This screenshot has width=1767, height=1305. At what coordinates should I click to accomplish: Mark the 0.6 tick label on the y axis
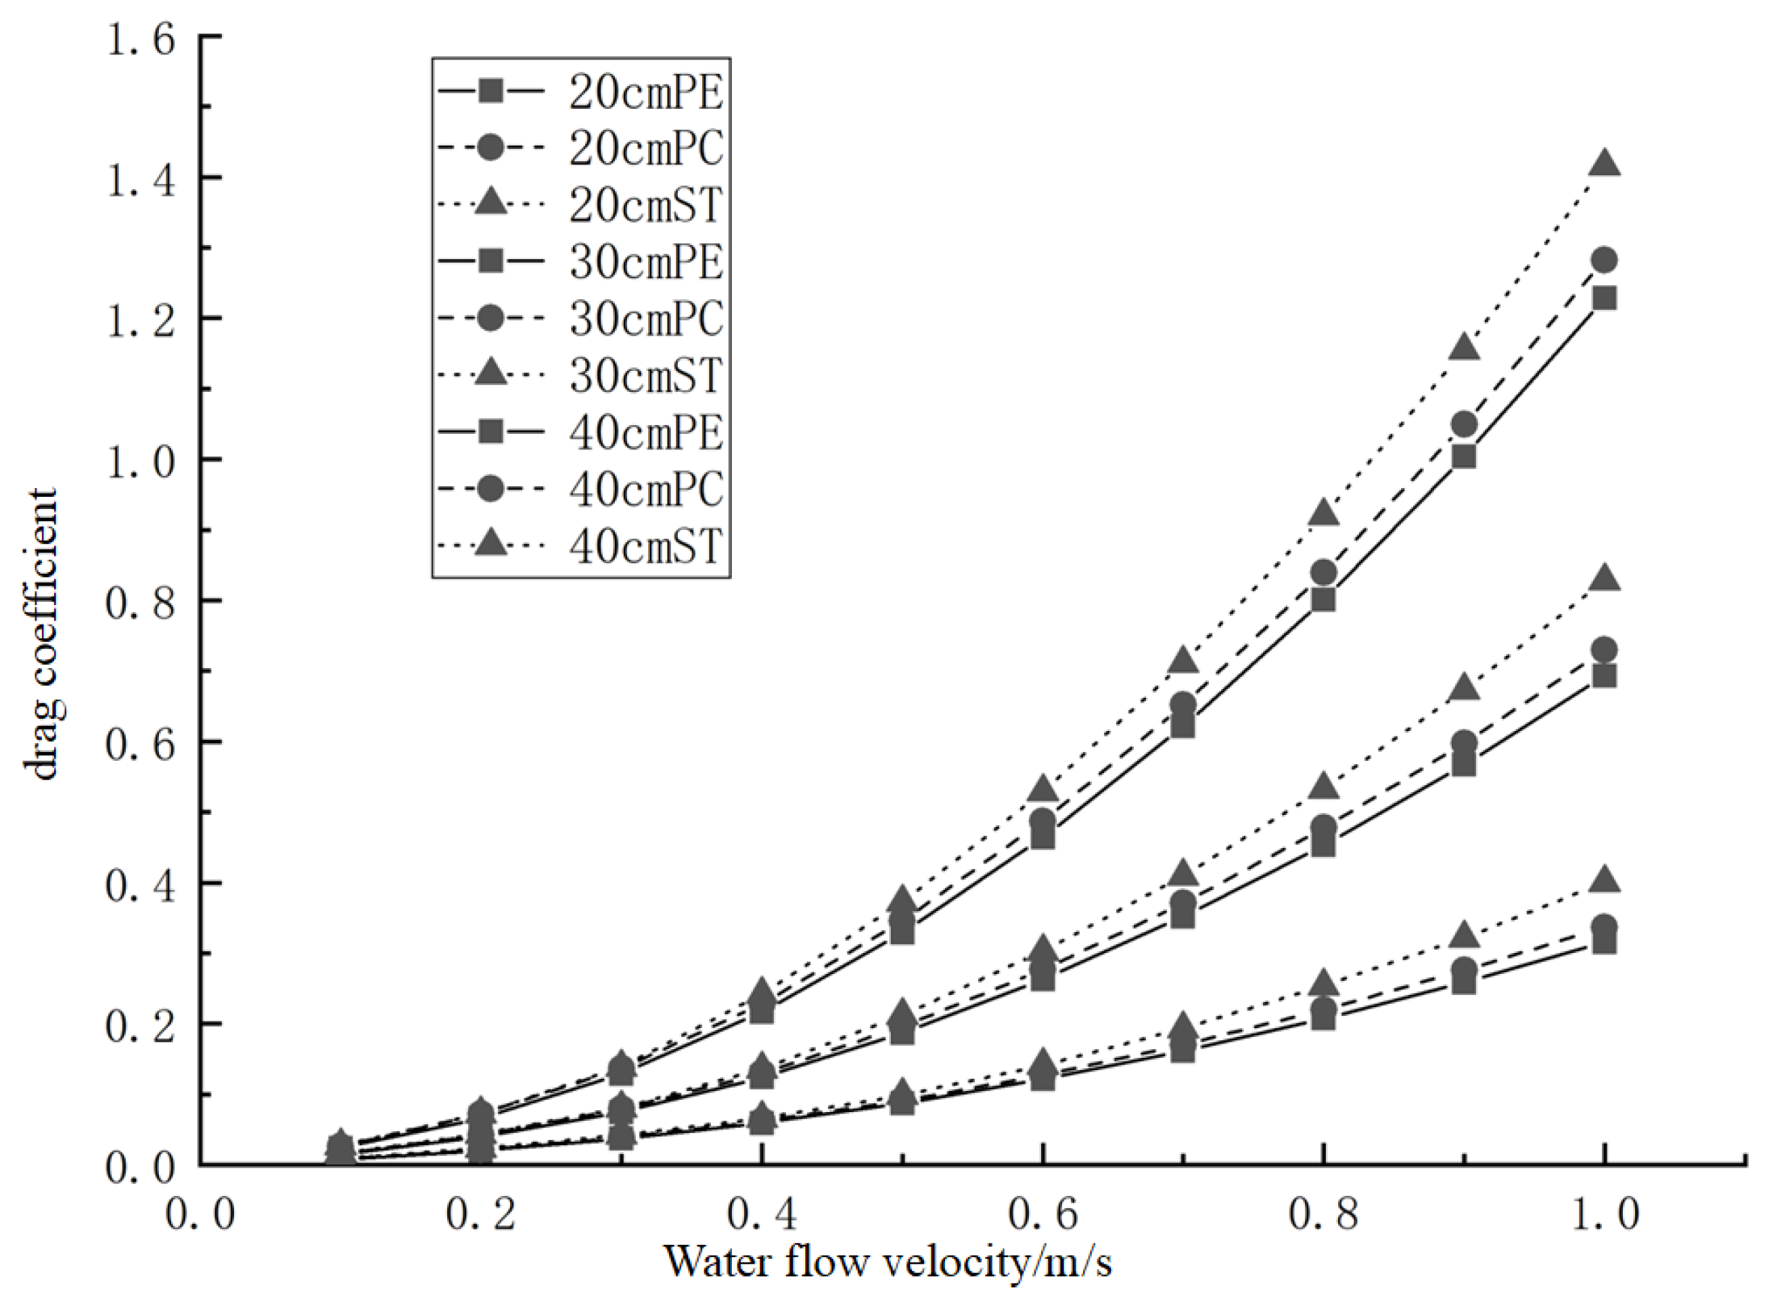(141, 744)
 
